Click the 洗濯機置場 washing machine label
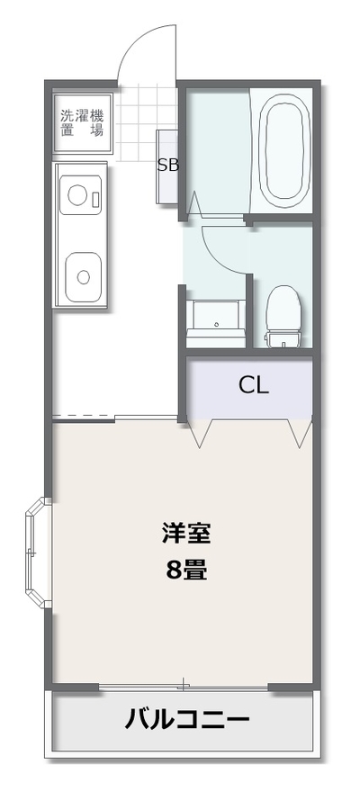click(x=82, y=122)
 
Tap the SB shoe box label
click(x=167, y=166)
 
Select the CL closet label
click(x=254, y=386)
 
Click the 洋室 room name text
click(x=186, y=534)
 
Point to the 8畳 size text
click(x=186, y=570)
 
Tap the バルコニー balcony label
click(x=187, y=720)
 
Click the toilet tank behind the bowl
click(x=283, y=339)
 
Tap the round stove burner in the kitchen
click(x=78, y=195)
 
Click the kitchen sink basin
click(x=83, y=277)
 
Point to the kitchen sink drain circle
click(x=83, y=277)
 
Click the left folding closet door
click(x=200, y=433)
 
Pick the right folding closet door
click(x=300, y=433)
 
